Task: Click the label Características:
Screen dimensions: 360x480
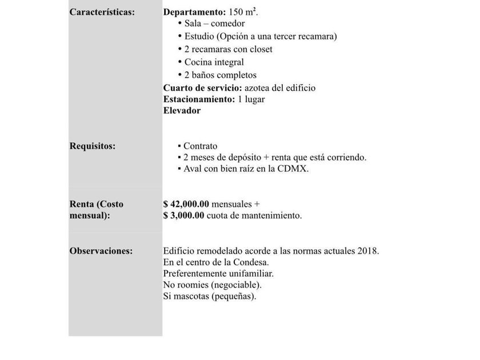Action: tap(102, 12)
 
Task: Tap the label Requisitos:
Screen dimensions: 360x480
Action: tap(93, 146)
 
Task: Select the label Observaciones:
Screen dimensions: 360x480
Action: tap(101, 251)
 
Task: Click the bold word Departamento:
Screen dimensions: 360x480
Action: tap(194, 12)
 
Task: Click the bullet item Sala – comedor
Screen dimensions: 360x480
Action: tap(214, 23)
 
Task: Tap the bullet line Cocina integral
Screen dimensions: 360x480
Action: tap(214, 62)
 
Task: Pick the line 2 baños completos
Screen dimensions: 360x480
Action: tap(220, 75)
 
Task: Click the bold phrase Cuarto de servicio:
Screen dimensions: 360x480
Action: tap(202, 88)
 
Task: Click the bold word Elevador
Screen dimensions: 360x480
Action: tap(182, 111)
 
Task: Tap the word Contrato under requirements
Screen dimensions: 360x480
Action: tap(200, 146)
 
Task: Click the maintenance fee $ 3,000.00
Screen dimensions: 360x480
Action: tap(184, 215)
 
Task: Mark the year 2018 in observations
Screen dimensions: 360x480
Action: tap(367, 251)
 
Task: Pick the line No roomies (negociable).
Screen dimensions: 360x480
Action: tap(212, 285)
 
